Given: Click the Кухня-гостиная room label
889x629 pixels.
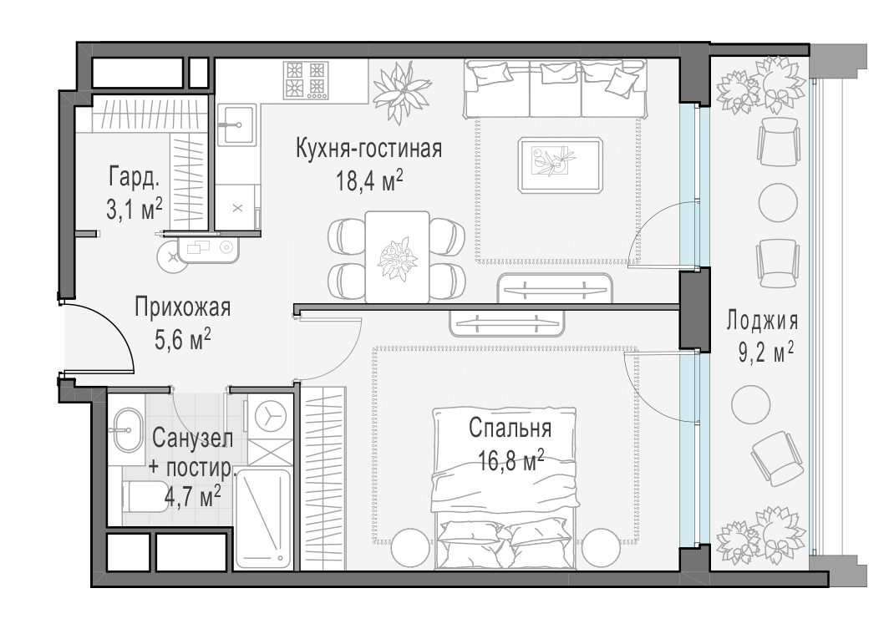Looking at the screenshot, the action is [368, 149].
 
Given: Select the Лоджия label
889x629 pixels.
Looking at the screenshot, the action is [762, 322].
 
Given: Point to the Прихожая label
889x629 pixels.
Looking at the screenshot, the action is [182, 307].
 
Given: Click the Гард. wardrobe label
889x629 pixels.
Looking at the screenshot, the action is [135, 179].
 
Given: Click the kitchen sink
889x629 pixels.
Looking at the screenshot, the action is [237, 124].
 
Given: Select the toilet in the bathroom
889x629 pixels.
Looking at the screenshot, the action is [145, 495].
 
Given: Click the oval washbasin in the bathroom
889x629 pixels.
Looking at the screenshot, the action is [127, 431].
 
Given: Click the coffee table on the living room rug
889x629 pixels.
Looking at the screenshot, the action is [560, 165].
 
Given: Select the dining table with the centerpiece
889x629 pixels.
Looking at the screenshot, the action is [398, 256].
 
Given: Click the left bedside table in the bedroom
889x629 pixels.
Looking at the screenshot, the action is [410, 547].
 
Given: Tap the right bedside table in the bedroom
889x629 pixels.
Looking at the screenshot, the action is [601, 547].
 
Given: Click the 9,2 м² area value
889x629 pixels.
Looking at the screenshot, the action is [765, 354].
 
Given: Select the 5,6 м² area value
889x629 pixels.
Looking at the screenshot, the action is [182, 341].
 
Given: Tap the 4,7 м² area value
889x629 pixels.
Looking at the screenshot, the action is [192, 497].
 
